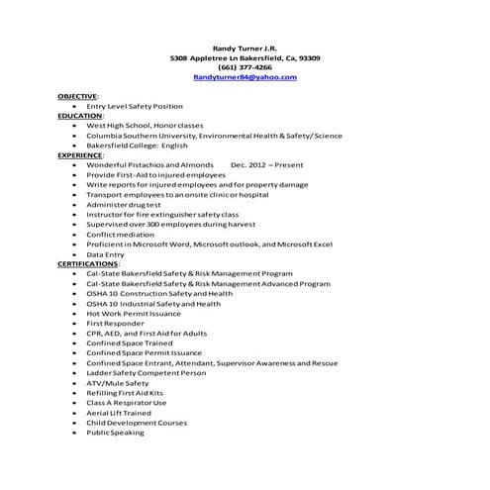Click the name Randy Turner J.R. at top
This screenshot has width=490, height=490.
[245, 48]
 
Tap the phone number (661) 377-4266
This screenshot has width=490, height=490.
[245, 66]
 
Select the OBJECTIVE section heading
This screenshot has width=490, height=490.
[77, 96]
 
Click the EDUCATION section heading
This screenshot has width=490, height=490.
[80, 116]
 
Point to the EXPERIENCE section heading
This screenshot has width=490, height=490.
[81, 154]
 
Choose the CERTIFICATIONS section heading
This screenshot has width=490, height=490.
[88, 264]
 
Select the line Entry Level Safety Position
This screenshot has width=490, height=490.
[135, 106]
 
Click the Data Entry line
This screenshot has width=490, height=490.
[106, 254]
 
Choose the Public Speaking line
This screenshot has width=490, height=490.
[115, 432]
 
